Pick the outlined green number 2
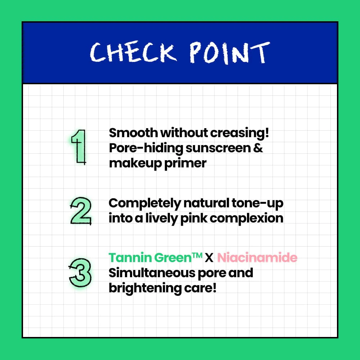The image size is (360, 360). coord(81,211)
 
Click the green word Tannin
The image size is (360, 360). coord(130,258)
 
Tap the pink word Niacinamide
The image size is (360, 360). coord(257,258)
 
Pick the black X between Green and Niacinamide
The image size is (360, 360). coord(209,258)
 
